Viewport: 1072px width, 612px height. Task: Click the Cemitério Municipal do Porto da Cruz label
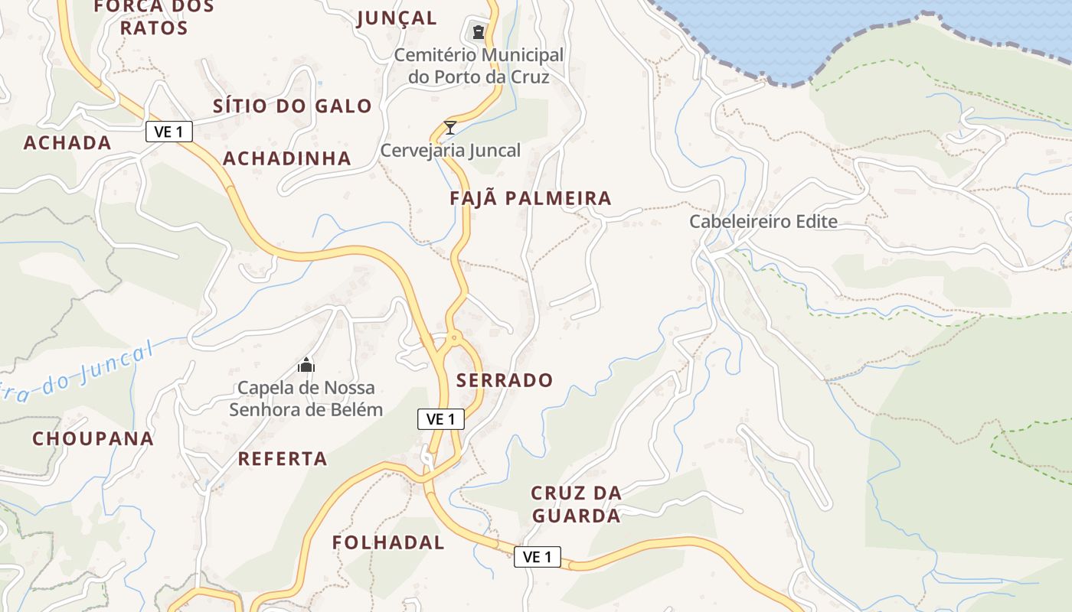coord(479,66)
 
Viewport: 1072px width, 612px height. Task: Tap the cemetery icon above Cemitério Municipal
coord(479,32)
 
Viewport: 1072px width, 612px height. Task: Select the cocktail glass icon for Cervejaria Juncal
coord(450,127)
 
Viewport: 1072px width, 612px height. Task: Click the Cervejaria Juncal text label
coord(450,151)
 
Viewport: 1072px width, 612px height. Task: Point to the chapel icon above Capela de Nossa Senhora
coord(306,365)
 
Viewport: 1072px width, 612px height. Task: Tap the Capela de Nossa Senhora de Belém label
coord(306,399)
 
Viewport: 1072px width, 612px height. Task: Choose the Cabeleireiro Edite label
coord(763,222)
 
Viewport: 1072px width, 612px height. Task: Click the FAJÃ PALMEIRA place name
coord(531,199)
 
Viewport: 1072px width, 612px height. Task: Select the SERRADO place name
coord(505,380)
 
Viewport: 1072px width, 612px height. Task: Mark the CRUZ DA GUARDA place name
coord(576,505)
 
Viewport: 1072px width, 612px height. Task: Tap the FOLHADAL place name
coord(388,543)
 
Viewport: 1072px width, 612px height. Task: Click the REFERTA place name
coord(283,459)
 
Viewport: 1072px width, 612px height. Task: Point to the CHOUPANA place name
coord(93,439)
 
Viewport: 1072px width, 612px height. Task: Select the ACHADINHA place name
coord(287,159)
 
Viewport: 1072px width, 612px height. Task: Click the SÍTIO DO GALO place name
coord(293,106)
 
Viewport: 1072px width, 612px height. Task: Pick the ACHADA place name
coord(67,143)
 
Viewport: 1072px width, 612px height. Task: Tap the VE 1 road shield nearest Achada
coord(169,132)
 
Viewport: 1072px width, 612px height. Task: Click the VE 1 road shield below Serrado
coord(441,419)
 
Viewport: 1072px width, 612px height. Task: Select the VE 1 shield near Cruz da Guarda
coord(537,557)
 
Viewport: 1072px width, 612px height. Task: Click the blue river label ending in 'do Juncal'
coord(77,373)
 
